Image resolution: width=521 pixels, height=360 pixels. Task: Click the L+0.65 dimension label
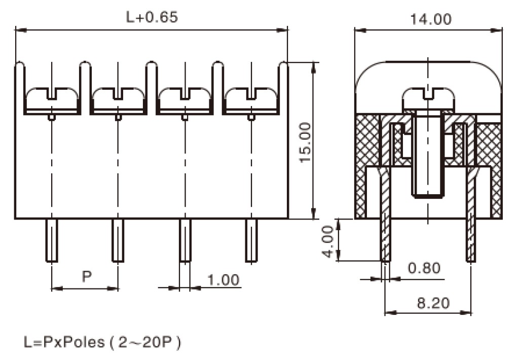(x=152, y=17)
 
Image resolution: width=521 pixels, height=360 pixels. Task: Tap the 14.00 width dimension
(x=430, y=19)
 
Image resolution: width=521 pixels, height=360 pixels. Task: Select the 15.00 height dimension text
(x=305, y=141)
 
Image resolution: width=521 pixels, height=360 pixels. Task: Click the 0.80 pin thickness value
(x=424, y=268)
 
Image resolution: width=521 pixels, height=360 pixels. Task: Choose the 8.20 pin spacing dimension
(x=433, y=303)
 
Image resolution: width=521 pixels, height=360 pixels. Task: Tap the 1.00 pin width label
(x=222, y=279)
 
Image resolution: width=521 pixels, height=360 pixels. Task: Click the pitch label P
(x=87, y=276)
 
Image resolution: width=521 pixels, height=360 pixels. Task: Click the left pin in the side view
(x=386, y=238)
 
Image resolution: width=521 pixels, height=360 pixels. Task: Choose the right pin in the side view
(x=471, y=238)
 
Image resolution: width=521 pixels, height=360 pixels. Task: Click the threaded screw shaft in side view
(x=428, y=157)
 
